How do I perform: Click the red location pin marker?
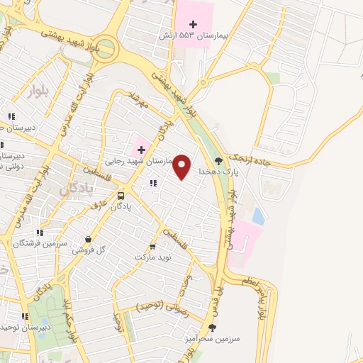182,166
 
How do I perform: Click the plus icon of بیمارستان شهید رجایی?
141,149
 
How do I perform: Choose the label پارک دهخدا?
216,172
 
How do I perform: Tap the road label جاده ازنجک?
267,162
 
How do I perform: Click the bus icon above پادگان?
121,195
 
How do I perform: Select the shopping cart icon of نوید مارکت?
152,247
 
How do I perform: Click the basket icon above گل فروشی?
87,240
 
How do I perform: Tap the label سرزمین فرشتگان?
40,242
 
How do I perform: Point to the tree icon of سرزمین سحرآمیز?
212,327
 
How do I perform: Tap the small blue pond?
258,216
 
